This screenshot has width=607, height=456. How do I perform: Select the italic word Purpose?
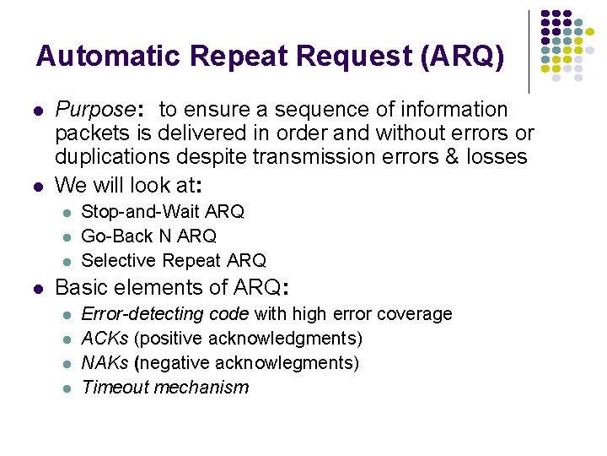pyautogui.click(x=94, y=110)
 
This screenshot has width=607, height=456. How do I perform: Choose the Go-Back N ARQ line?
pyautogui.click(x=148, y=236)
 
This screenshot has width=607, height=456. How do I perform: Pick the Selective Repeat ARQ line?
pyautogui.click(x=174, y=260)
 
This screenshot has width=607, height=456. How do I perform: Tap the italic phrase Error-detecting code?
pyautogui.click(x=164, y=314)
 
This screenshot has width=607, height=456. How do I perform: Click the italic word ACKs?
pyautogui.click(x=105, y=339)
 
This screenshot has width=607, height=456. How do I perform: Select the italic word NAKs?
pyautogui.click(x=105, y=363)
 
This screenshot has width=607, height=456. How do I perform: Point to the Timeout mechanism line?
pyautogui.click(x=165, y=388)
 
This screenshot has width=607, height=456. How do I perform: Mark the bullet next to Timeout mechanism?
pyautogui.click(x=67, y=388)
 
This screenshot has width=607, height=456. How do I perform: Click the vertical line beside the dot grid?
pyautogui.click(x=529, y=51)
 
